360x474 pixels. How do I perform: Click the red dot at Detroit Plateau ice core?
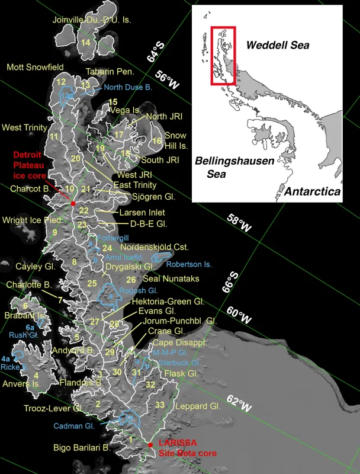(73, 203)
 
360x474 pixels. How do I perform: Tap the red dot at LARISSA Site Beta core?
(150, 444)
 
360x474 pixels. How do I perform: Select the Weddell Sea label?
(278, 45)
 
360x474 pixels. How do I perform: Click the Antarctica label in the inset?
(312, 192)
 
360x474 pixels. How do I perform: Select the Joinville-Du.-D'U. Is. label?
(92, 20)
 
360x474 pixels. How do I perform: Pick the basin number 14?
(86, 43)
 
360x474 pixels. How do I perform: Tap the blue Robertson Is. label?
(189, 264)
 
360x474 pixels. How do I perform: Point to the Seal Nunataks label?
(171, 278)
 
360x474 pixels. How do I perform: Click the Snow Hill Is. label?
(176, 140)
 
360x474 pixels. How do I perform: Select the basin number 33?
(159, 405)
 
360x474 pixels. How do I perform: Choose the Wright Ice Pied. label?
(31, 220)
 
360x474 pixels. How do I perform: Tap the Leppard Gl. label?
(198, 407)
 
